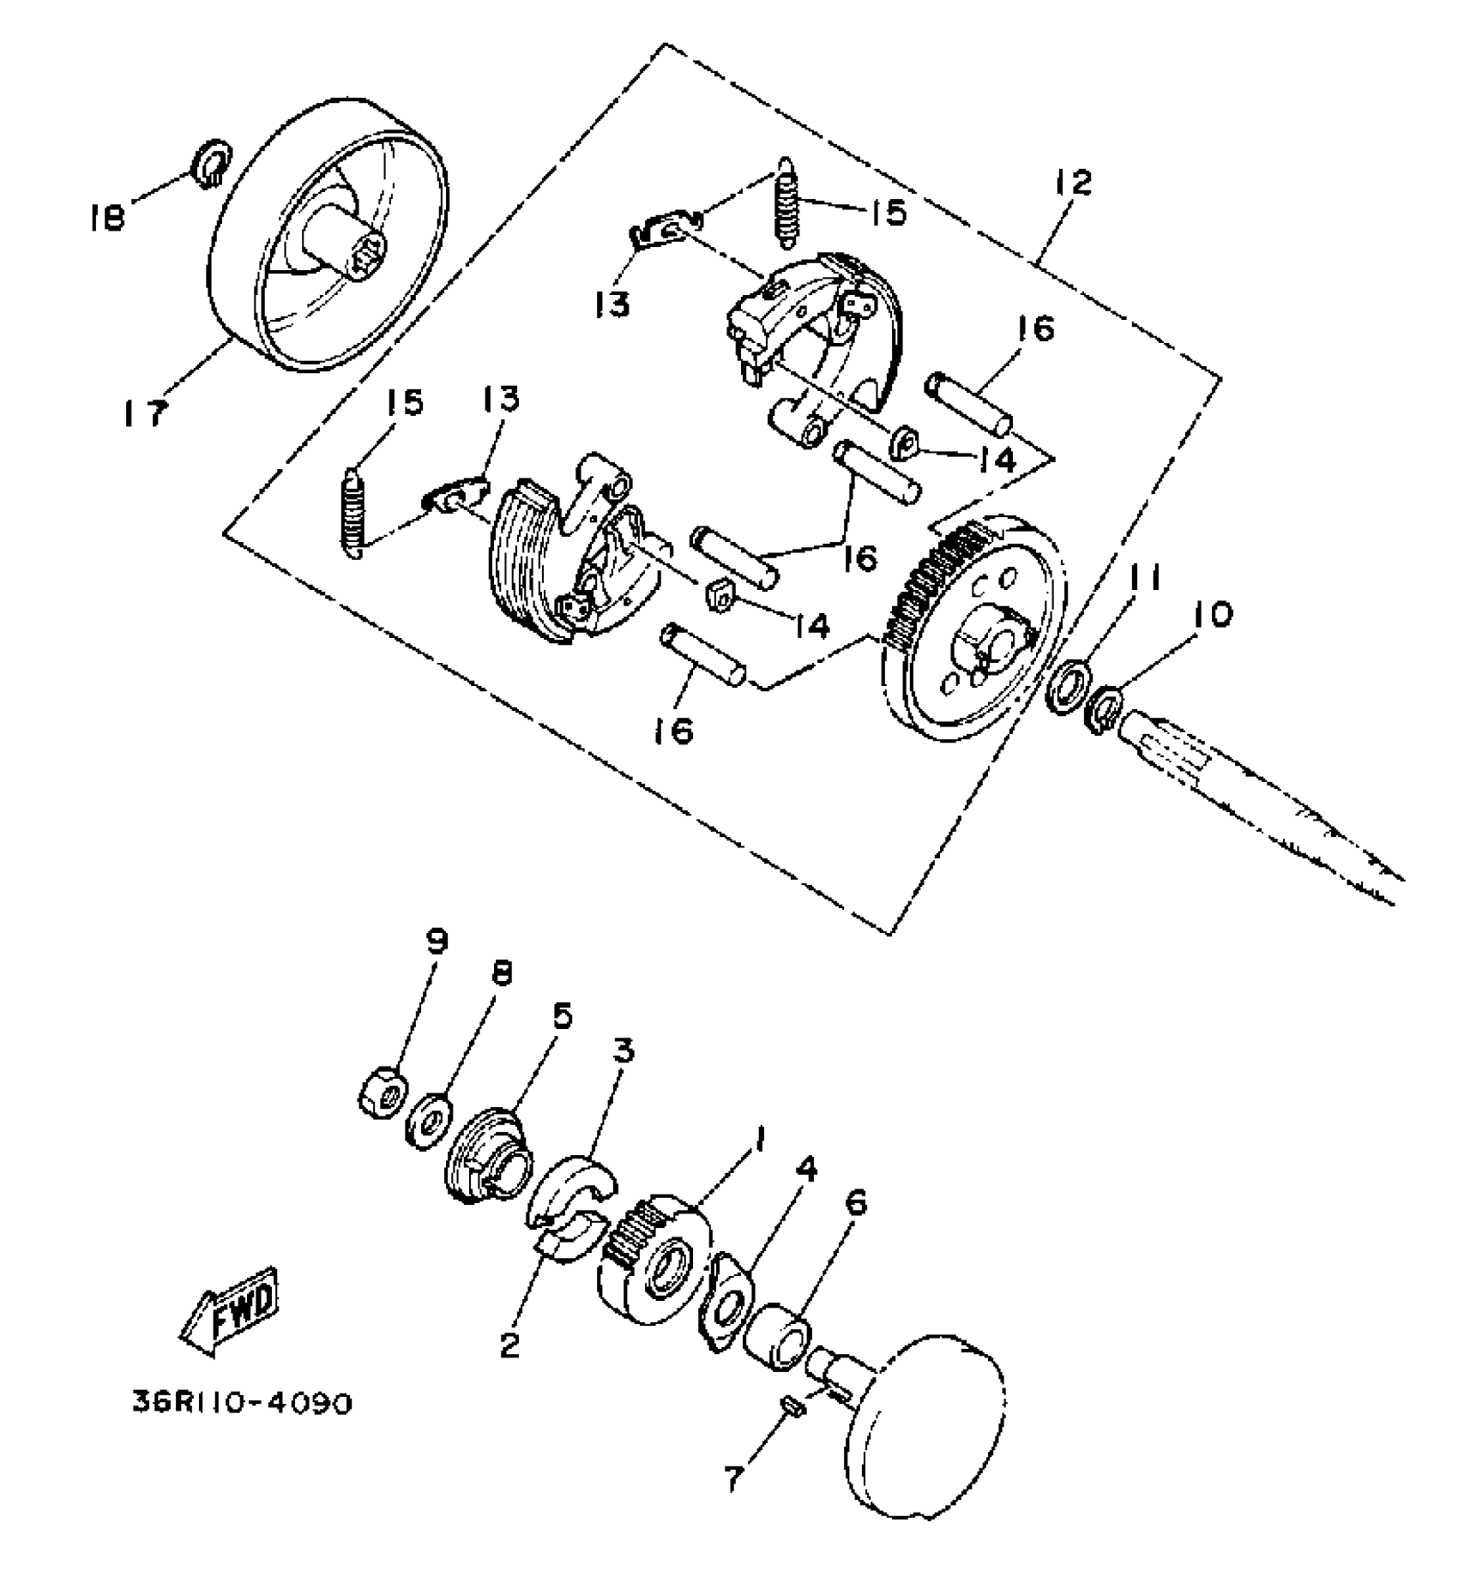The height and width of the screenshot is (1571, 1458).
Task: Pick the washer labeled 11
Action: pos(1070,686)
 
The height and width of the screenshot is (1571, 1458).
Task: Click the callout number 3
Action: pos(623,1050)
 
